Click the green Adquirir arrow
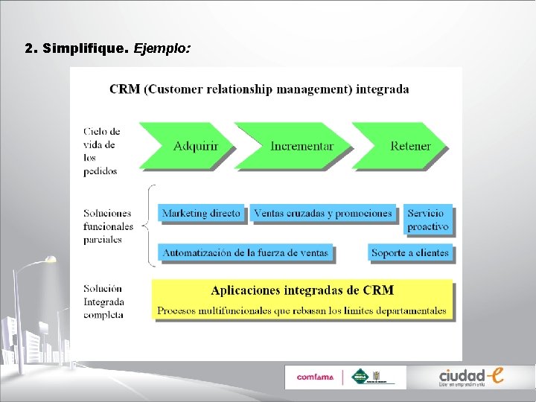(190, 146)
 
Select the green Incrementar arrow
(298, 146)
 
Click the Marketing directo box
(201, 214)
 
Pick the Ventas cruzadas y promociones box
(322, 214)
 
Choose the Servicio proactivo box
(428, 220)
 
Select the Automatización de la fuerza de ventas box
(245, 253)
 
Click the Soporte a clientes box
(409, 253)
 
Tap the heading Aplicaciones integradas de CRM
(302, 290)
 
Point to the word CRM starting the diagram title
(124, 89)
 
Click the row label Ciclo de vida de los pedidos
(101, 151)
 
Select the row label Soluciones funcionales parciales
(109, 226)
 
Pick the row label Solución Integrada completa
(103, 301)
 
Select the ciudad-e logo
(470, 377)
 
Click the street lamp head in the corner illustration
(49, 259)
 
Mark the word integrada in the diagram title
(383, 89)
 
